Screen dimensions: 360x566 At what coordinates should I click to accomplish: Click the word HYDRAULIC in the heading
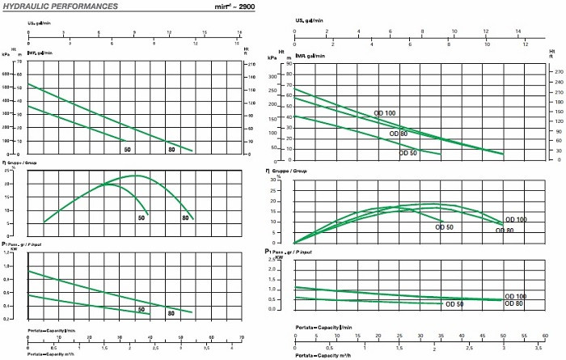click(x=23, y=6)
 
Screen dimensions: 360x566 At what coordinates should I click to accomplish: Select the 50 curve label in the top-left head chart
click(x=128, y=150)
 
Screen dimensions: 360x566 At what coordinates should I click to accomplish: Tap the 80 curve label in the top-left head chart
click(x=171, y=150)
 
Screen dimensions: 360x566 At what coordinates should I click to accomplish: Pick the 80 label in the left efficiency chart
click(x=188, y=218)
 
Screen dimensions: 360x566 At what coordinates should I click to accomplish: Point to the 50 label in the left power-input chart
click(x=141, y=309)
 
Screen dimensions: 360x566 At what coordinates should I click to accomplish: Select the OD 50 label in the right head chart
click(x=408, y=152)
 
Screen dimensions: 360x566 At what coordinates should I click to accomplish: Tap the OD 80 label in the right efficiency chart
click(x=505, y=231)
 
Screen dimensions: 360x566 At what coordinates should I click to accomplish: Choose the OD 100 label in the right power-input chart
click(x=514, y=297)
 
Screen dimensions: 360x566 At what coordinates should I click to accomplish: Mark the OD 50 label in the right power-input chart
click(x=454, y=305)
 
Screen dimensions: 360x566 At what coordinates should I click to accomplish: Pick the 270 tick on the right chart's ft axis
click(x=557, y=73)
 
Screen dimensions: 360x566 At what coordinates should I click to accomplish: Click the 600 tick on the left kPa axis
click(x=8, y=61)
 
